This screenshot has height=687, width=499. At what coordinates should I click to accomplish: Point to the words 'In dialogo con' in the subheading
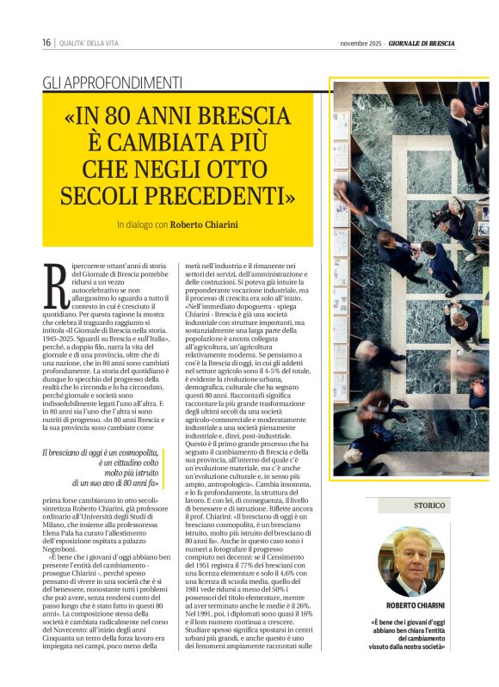(x=143, y=224)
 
